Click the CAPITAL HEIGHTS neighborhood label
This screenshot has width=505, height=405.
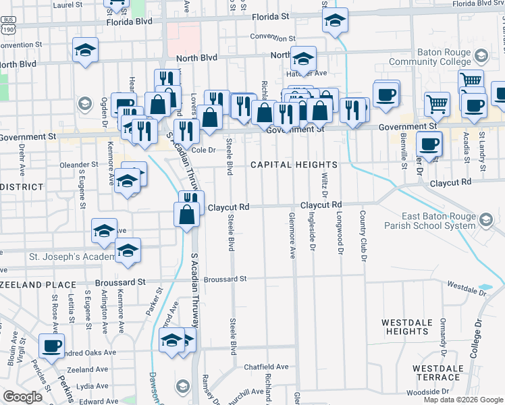tap(294, 165)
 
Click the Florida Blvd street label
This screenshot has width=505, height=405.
tap(129, 22)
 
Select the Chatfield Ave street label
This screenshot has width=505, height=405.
tap(266, 367)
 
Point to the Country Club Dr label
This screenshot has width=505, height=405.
tap(363, 236)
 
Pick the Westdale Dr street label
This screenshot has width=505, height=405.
tap(467, 288)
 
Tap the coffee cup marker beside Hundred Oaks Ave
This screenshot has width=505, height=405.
tap(51, 346)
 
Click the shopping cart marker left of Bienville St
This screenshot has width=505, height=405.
tap(437, 104)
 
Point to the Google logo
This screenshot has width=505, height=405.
tap(23, 398)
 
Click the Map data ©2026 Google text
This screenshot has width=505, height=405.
tap(462, 400)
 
